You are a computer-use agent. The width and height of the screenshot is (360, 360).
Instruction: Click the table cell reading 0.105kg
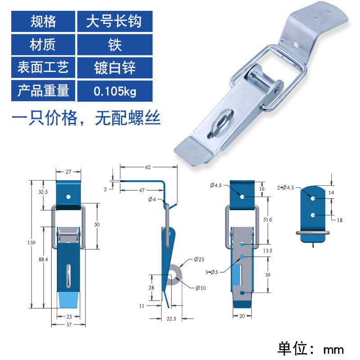pyautogui.click(x=115, y=91)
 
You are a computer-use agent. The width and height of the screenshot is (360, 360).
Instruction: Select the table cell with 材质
pyautogui.click(x=43, y=45)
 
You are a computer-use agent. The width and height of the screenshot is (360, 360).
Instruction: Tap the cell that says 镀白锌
pyautogui.click(x=115, y=68)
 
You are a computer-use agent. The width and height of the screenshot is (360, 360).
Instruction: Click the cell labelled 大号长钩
pyautogui.click(x=115, y=21)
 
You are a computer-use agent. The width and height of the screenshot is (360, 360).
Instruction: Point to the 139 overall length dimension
pyautogui.click(x=31, y=243)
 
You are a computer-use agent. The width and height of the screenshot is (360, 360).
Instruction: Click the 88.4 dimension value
pyautogui.click(x=43, y=260)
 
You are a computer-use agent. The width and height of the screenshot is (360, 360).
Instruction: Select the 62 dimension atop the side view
pyautogui.click(x=148, y=167)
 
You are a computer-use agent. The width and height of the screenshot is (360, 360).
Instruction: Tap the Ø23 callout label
pyautogui.click(x=199, y=260)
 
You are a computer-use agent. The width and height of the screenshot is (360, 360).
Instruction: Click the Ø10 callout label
pyautogui.click(x=201, y=288)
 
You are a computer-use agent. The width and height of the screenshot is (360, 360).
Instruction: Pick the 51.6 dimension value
pyautogui.click(x=267, y=220)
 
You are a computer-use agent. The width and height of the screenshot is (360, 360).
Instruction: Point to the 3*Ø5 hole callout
pyautogui.click(x=211, y=272)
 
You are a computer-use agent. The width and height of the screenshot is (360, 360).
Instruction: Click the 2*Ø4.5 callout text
pyautogui.click(x=285, y=188)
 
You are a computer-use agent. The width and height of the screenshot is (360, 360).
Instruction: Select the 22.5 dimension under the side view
pyautogui.click(x=171, y=319)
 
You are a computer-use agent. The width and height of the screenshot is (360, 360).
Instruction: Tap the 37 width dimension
pyautogui.click(x=69, y=324)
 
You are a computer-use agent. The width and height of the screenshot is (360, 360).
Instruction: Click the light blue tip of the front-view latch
pyautogui.click(x=69, y=300)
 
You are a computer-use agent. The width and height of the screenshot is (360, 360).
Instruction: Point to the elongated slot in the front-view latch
pyautogui.click(x=68, y=276)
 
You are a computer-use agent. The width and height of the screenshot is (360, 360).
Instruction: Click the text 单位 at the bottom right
pyautogui.click(x=292, y=348)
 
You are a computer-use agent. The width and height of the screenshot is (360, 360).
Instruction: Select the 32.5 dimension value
pyautogui.click(x=43, y=192)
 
